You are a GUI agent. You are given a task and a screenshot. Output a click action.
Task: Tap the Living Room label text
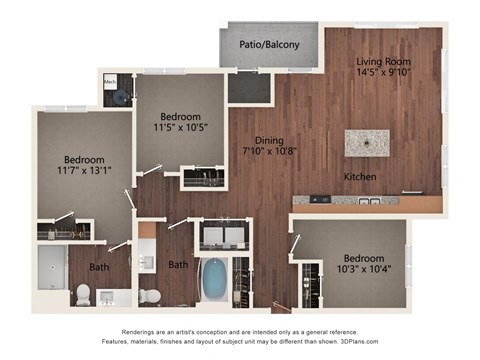click(384, 61)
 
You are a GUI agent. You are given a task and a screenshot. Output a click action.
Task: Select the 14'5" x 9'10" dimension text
click(384, 73)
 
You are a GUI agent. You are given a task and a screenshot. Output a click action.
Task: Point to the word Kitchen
click(359, 176)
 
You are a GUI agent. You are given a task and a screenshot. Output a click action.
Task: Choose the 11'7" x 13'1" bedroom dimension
click(84, 169)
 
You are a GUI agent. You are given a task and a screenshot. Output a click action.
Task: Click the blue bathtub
click(215, 280)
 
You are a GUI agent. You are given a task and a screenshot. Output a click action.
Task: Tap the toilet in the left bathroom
click(84, 294)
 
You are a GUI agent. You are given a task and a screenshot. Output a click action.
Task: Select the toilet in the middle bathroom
click(150, 296)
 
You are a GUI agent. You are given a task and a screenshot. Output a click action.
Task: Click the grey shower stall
click(51, 269)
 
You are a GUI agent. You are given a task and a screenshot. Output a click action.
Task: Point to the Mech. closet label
click(110, 81)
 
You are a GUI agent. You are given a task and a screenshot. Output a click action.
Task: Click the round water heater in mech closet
click(121, 97)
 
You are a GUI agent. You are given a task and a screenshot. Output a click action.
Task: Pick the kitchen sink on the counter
click(367, 201)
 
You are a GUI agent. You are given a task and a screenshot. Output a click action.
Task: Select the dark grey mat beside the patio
click(248, 89)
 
